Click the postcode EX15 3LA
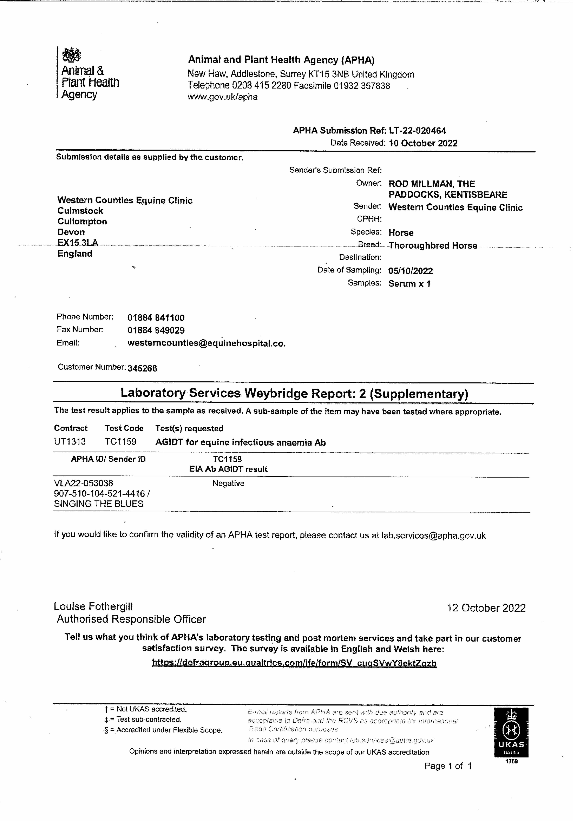pos(78,243)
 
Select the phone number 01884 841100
pos(156,318)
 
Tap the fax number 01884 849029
pos(156,330)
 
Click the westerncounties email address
pos(206,343)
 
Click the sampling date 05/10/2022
pos(411,271)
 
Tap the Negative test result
pos(228,483)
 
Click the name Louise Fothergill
pos(93,606)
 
